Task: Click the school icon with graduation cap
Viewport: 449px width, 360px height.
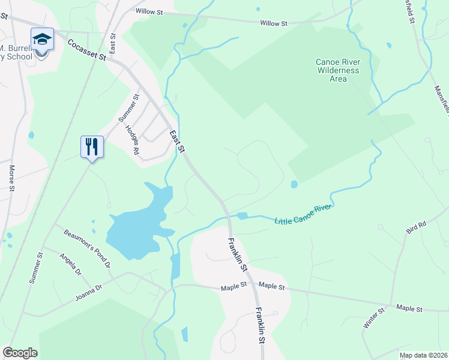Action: pos(42,40)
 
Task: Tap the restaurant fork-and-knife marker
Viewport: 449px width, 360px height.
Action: pos(92,146)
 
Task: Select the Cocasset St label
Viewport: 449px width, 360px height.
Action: pos(86,50)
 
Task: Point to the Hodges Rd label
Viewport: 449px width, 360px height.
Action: pos(133,140)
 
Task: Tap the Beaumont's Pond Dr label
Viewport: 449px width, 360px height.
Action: pos(87,248)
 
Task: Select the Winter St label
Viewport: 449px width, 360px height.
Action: pos(373,319)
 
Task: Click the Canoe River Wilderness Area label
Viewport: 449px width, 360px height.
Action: pos(337,70)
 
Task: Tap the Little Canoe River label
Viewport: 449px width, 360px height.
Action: pos(303,214)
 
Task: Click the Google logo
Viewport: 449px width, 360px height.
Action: pos(20,353)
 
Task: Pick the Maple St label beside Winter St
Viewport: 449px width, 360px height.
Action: pos(409,308)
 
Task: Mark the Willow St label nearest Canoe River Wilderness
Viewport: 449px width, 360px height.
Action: pos(274,23)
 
